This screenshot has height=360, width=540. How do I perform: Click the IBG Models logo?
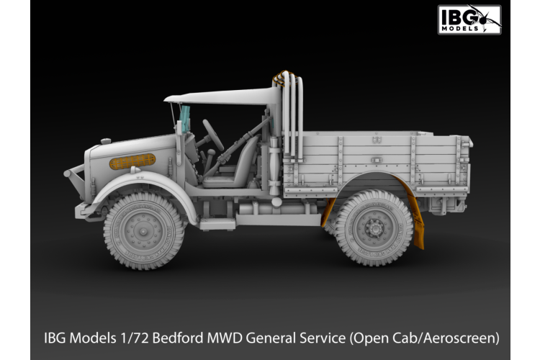click(x=469, y=19)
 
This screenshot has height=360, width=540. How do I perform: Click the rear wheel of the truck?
click(x=374, y=227)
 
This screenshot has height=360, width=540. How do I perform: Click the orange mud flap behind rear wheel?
click(x=416, y=215)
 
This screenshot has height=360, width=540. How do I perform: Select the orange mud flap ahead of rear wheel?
click(x=329, y=212)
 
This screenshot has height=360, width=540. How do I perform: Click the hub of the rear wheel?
click(x=374, y=228)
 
